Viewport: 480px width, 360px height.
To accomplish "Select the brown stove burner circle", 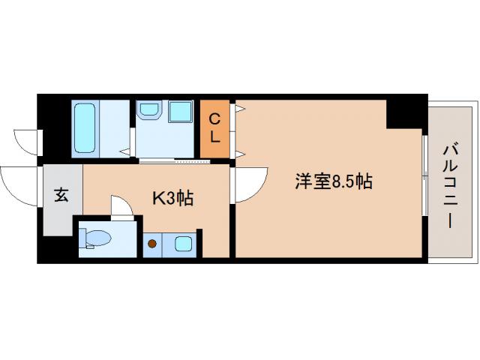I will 153,243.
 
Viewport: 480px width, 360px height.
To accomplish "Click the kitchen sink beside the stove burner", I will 182,244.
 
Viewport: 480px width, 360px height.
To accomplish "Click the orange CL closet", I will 214,128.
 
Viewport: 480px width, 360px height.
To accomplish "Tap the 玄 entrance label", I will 61,196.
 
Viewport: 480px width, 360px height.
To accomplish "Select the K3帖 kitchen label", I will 172,198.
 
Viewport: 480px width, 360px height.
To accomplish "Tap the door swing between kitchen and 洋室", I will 250,183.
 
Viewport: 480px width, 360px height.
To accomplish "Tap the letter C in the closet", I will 214,118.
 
